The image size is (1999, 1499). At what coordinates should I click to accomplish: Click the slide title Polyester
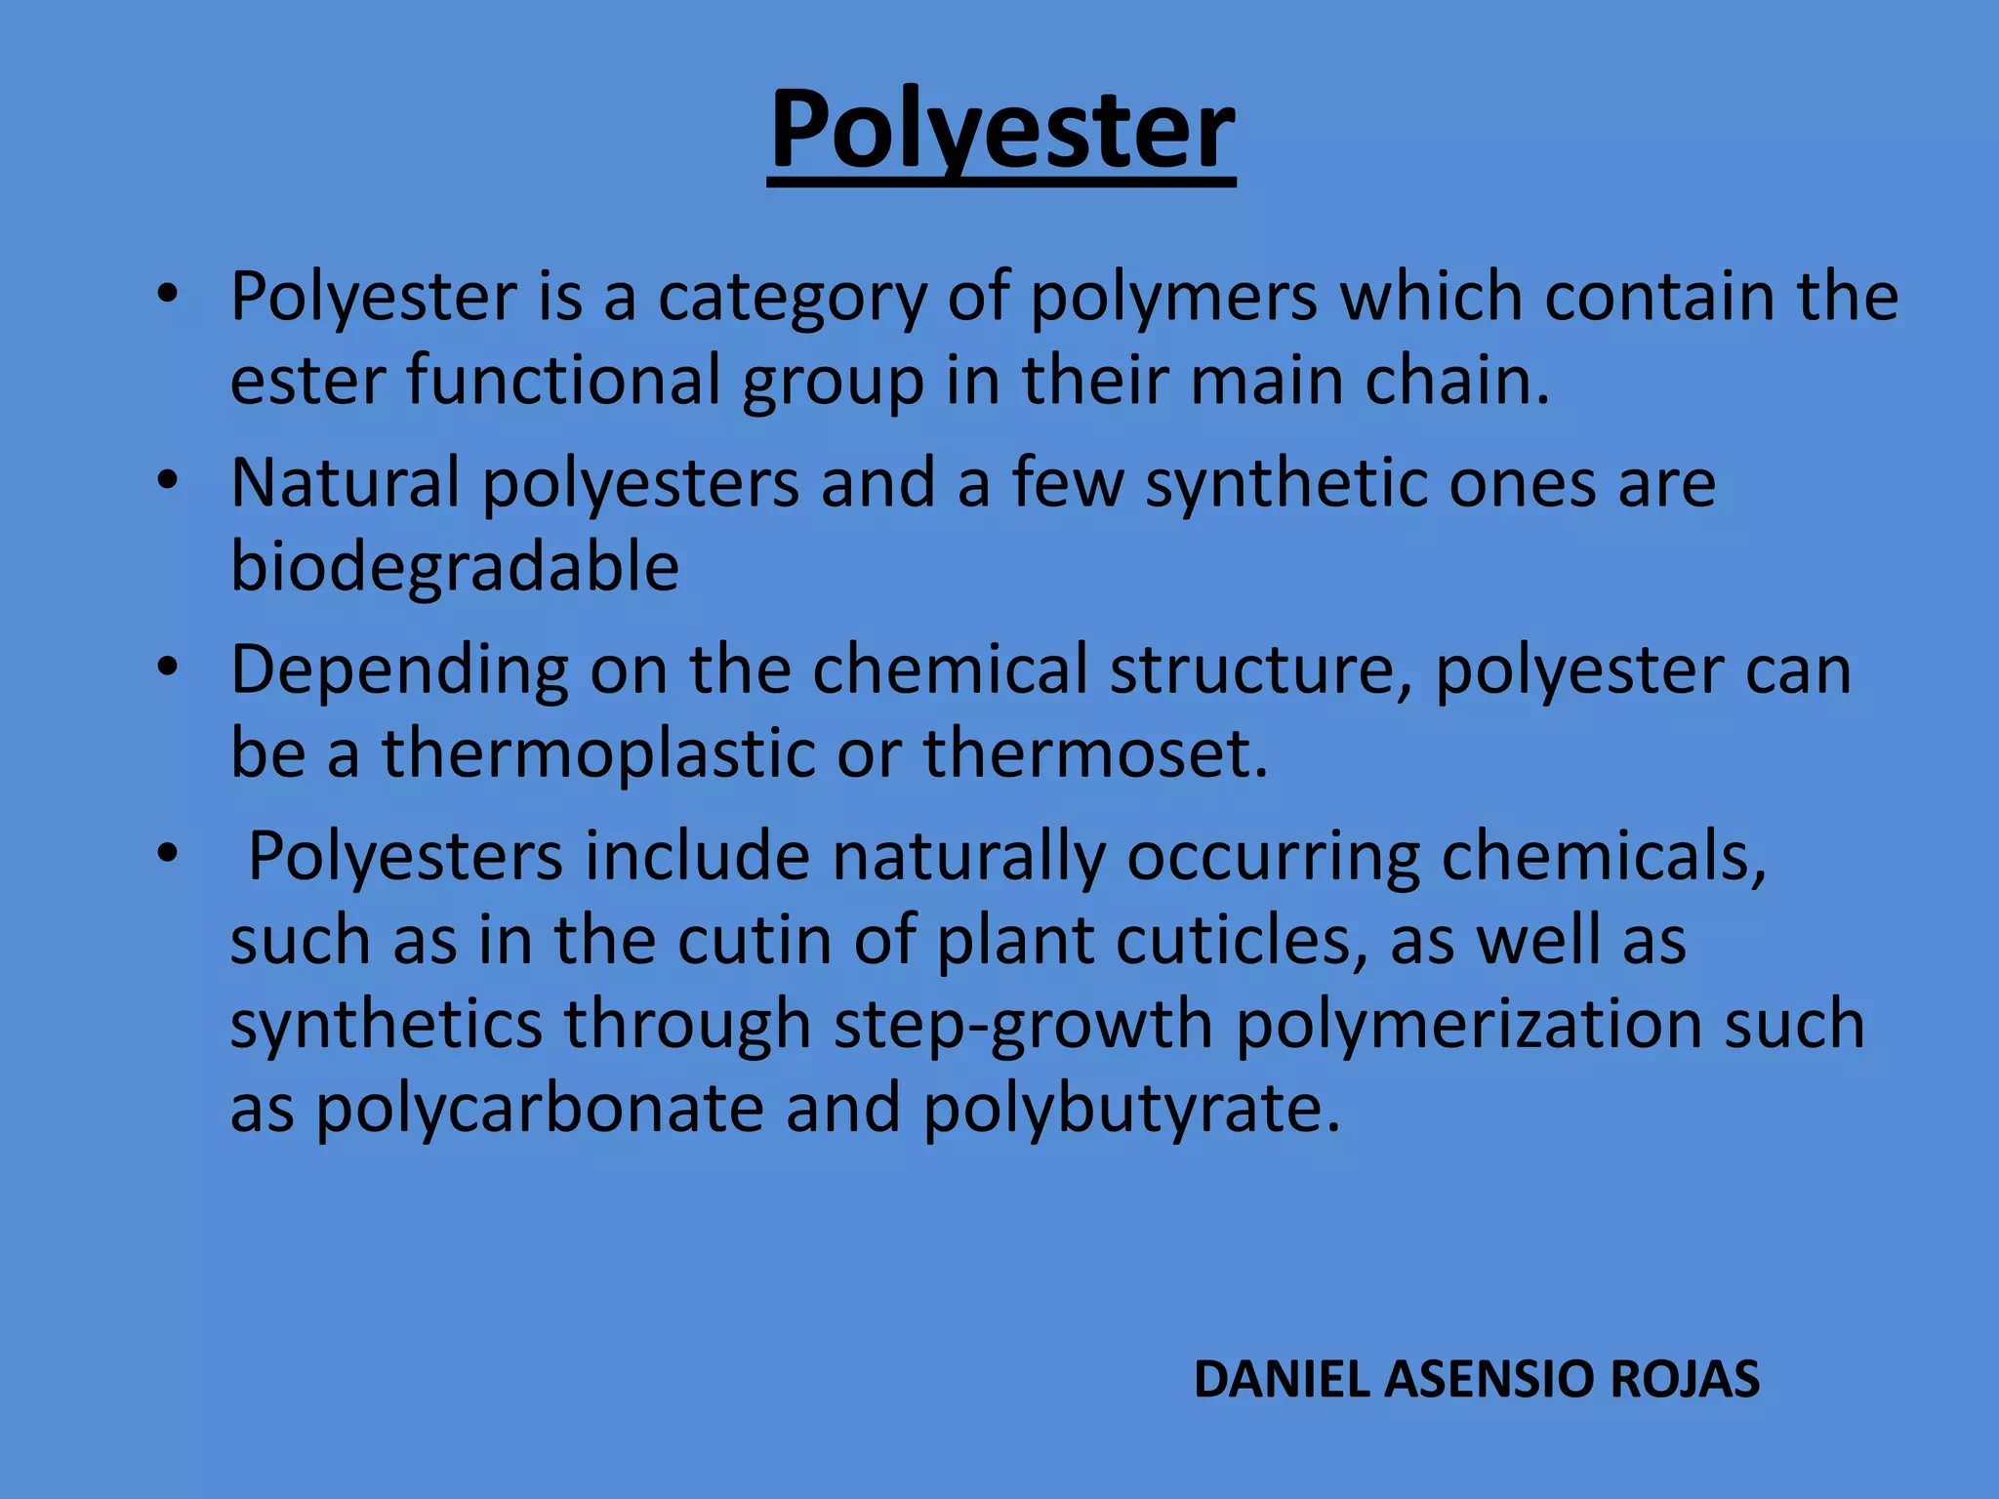tap(1001, 131)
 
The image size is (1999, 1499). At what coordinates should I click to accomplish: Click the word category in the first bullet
tap(792, 298)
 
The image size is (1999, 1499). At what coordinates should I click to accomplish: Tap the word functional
tap(563, 381)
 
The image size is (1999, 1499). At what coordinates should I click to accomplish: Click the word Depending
tap(399, 671)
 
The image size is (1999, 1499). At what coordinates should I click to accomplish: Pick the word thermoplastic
tap(597, 753)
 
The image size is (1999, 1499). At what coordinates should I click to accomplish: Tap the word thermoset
tap(1095, 753)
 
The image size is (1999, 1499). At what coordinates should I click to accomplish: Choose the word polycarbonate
tap(539, 1110)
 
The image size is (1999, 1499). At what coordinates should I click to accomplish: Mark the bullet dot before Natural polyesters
tap(168, 480)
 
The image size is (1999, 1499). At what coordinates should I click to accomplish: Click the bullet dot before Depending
tap(168, 668)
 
